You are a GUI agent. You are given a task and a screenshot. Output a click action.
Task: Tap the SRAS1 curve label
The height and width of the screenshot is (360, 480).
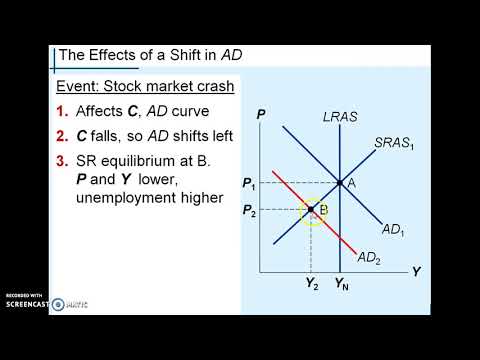pos(393,143)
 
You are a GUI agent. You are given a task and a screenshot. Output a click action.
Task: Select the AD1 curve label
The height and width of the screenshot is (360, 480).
pos(393,229)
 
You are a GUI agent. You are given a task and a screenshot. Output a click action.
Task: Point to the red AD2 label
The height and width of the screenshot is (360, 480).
pos(370,258)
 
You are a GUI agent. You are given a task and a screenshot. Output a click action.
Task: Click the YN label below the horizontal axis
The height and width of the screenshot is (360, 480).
pos(341,283)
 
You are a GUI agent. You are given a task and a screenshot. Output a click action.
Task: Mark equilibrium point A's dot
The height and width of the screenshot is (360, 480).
pos(339,183)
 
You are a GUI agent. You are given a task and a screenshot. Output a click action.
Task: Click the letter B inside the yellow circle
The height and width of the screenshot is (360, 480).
pos(323,210)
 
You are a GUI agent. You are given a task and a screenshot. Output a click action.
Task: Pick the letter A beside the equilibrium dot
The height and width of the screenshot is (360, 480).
pos(352,183)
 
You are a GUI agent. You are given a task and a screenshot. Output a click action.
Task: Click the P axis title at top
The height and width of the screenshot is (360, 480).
pos(260,115)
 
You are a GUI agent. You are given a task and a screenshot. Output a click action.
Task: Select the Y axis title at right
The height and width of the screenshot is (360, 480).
pos(416,271)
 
